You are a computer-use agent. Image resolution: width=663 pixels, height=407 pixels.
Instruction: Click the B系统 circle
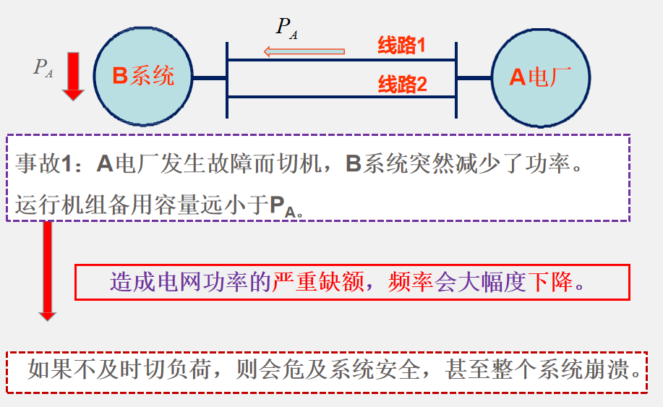point(143,76)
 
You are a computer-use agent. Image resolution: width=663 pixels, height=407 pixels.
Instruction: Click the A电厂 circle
point(540,76)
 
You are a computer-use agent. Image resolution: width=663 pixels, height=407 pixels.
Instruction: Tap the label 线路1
point(401,46)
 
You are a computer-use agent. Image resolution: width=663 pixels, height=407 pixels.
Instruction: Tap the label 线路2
point(403,85)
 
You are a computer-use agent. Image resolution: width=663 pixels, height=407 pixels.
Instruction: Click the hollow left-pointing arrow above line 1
point(304,51)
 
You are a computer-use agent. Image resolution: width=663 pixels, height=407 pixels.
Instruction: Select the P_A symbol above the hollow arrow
point(287,27)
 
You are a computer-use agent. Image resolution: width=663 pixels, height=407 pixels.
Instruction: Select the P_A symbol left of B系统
point(43,67)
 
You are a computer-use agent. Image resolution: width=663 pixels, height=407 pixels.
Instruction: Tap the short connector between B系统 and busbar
point(210,77)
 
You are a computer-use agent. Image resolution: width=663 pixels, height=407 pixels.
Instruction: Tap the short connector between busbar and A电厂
point(474,77)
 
